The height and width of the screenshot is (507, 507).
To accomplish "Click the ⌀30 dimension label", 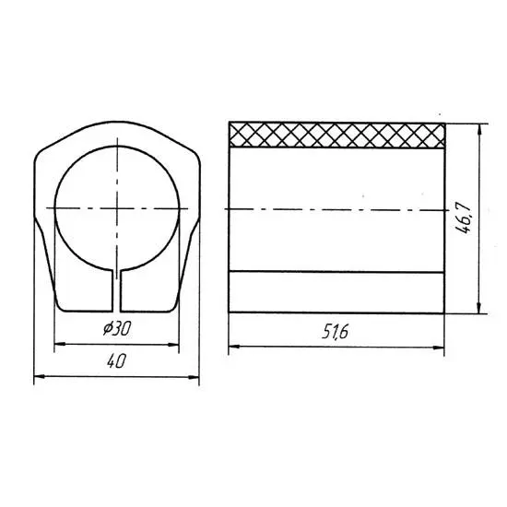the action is point(117,329).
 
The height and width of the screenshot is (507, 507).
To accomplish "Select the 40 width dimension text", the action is point(116,360).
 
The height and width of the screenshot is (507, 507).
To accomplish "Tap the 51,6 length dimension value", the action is point(336,332).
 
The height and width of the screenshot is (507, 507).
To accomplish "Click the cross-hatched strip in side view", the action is point(336,136).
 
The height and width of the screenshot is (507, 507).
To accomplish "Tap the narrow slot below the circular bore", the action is point(116,291).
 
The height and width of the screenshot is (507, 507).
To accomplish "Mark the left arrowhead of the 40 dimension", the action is point(39,377).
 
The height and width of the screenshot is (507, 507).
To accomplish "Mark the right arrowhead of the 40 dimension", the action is point(194,377).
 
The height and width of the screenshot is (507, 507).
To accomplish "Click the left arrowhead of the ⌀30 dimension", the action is point(60,345).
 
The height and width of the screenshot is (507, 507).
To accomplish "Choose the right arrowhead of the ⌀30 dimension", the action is point(173,345).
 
